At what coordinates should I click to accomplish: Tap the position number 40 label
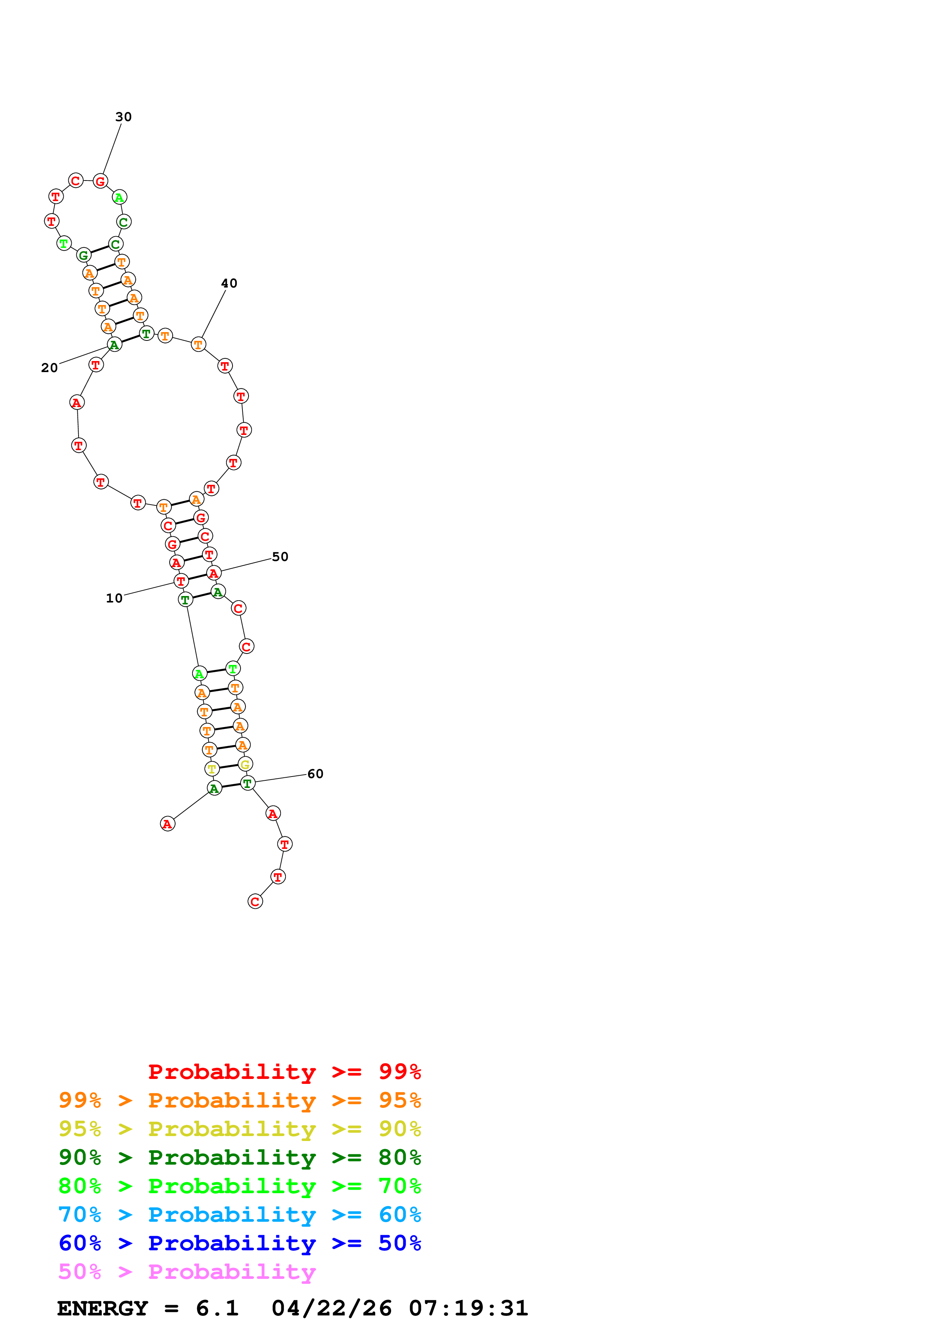point(229,283)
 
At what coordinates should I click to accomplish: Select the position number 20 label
point(50,368)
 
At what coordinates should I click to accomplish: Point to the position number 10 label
point(114,598)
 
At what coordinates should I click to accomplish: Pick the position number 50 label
point(280,557)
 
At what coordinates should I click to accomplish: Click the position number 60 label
point(315,774)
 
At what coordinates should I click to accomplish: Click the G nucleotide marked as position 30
point(100,182)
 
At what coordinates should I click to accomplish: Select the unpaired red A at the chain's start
point(168,824)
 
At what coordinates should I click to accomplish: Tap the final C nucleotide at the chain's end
point(255,901)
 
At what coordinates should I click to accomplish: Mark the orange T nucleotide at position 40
point(199,345)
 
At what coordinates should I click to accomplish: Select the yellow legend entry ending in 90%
point(239,1128)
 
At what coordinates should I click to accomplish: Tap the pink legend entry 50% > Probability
point(187,1271)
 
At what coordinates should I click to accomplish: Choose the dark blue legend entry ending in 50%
point(239,1243)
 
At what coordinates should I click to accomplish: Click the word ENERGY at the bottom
point(103,1308)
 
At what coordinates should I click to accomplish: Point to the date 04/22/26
point(331,1308)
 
